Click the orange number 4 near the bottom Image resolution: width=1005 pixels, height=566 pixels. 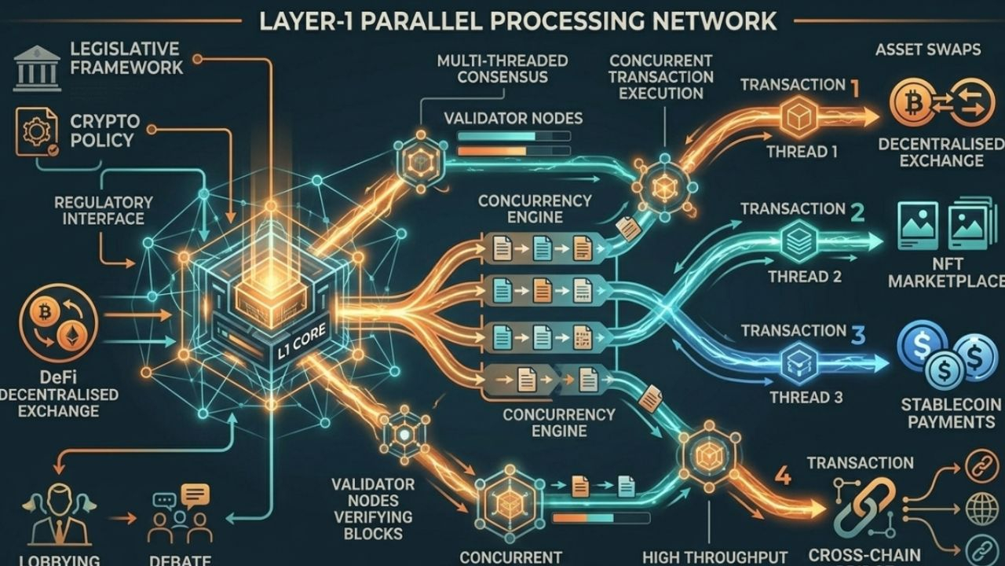[x=782, y=474]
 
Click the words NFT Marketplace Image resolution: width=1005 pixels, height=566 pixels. [x=947, y=270]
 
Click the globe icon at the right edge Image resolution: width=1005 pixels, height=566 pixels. [x=982, y=509]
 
